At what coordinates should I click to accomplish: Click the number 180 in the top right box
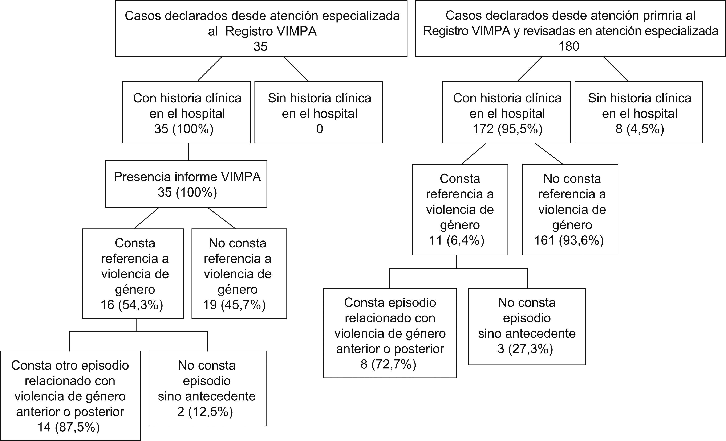pos(569,46)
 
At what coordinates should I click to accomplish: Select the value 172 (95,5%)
pos(507,129)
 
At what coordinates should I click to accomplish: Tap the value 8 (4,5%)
pos(640,129)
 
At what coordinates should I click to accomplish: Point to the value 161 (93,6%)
pos(569,240)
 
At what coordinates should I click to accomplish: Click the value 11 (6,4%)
pos(457,240)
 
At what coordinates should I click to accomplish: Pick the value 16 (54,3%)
pos(132,305)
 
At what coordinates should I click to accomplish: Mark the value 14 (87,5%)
pos(69,427)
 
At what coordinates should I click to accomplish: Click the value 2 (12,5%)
pos(205,412)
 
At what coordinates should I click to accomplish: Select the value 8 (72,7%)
pos(388,364)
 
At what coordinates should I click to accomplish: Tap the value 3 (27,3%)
pos(525,349)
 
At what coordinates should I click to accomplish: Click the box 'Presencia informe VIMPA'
pos(186,184)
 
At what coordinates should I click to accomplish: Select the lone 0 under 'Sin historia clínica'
pos(319,129)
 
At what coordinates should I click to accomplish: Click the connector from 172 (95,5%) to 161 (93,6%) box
pos(549,154)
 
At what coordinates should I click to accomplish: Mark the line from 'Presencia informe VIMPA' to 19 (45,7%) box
pos(222,218)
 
